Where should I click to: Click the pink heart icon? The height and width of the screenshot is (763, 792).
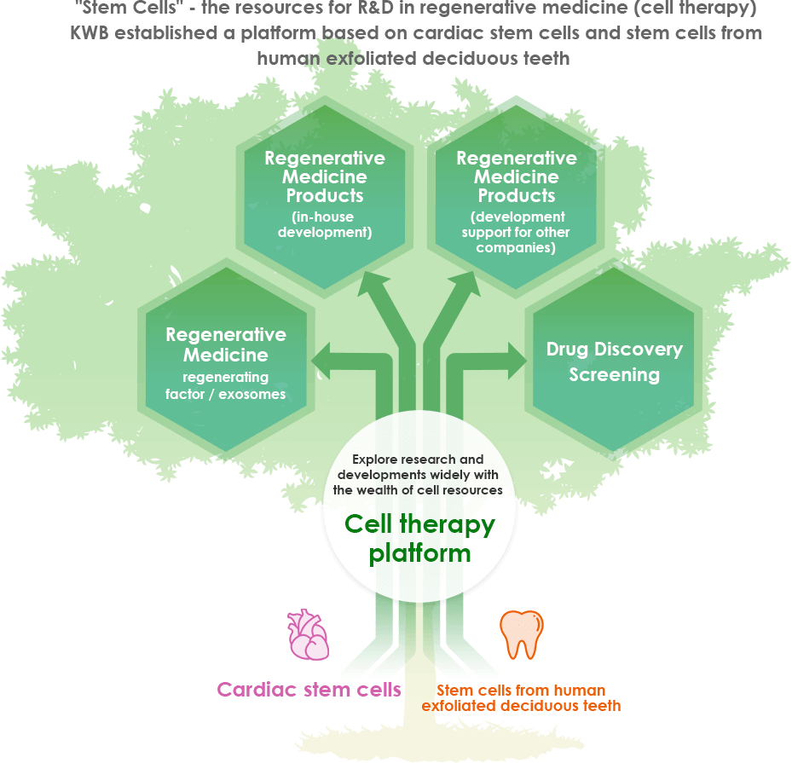click(308, 634)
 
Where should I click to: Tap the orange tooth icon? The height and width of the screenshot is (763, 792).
click(521, 635)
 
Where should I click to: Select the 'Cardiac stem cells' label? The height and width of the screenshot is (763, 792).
click(309, 690)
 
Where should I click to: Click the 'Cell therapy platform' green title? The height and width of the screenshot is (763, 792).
click(419, 538)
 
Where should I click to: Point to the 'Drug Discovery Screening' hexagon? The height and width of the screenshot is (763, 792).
click(614, 359)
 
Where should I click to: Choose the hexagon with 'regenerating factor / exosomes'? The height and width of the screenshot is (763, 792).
click(226, 359)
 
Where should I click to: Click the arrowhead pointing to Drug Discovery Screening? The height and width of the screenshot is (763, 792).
click(517, 361)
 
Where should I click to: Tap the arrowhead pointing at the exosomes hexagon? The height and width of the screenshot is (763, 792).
click(321, 361)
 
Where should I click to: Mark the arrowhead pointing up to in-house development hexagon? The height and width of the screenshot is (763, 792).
click(373, 283)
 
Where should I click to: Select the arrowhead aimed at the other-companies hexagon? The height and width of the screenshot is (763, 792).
click(465, 283)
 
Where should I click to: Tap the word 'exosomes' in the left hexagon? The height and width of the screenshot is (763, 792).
click(252, 394)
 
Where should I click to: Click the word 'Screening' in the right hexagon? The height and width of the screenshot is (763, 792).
click(614, 375)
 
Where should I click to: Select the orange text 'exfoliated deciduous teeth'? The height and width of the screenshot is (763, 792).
click(521, 705)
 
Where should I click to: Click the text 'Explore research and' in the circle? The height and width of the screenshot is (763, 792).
click(418, 459)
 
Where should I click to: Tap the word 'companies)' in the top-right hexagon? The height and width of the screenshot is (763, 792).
click(516, 247)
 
